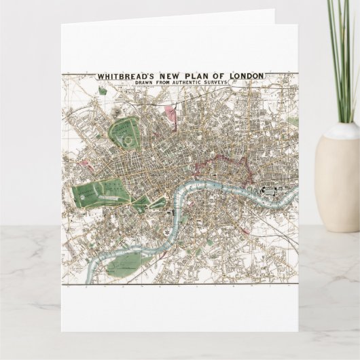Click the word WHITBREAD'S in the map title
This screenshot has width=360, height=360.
click(x=126, y=77)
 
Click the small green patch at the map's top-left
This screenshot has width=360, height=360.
click(x=103, y=90)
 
